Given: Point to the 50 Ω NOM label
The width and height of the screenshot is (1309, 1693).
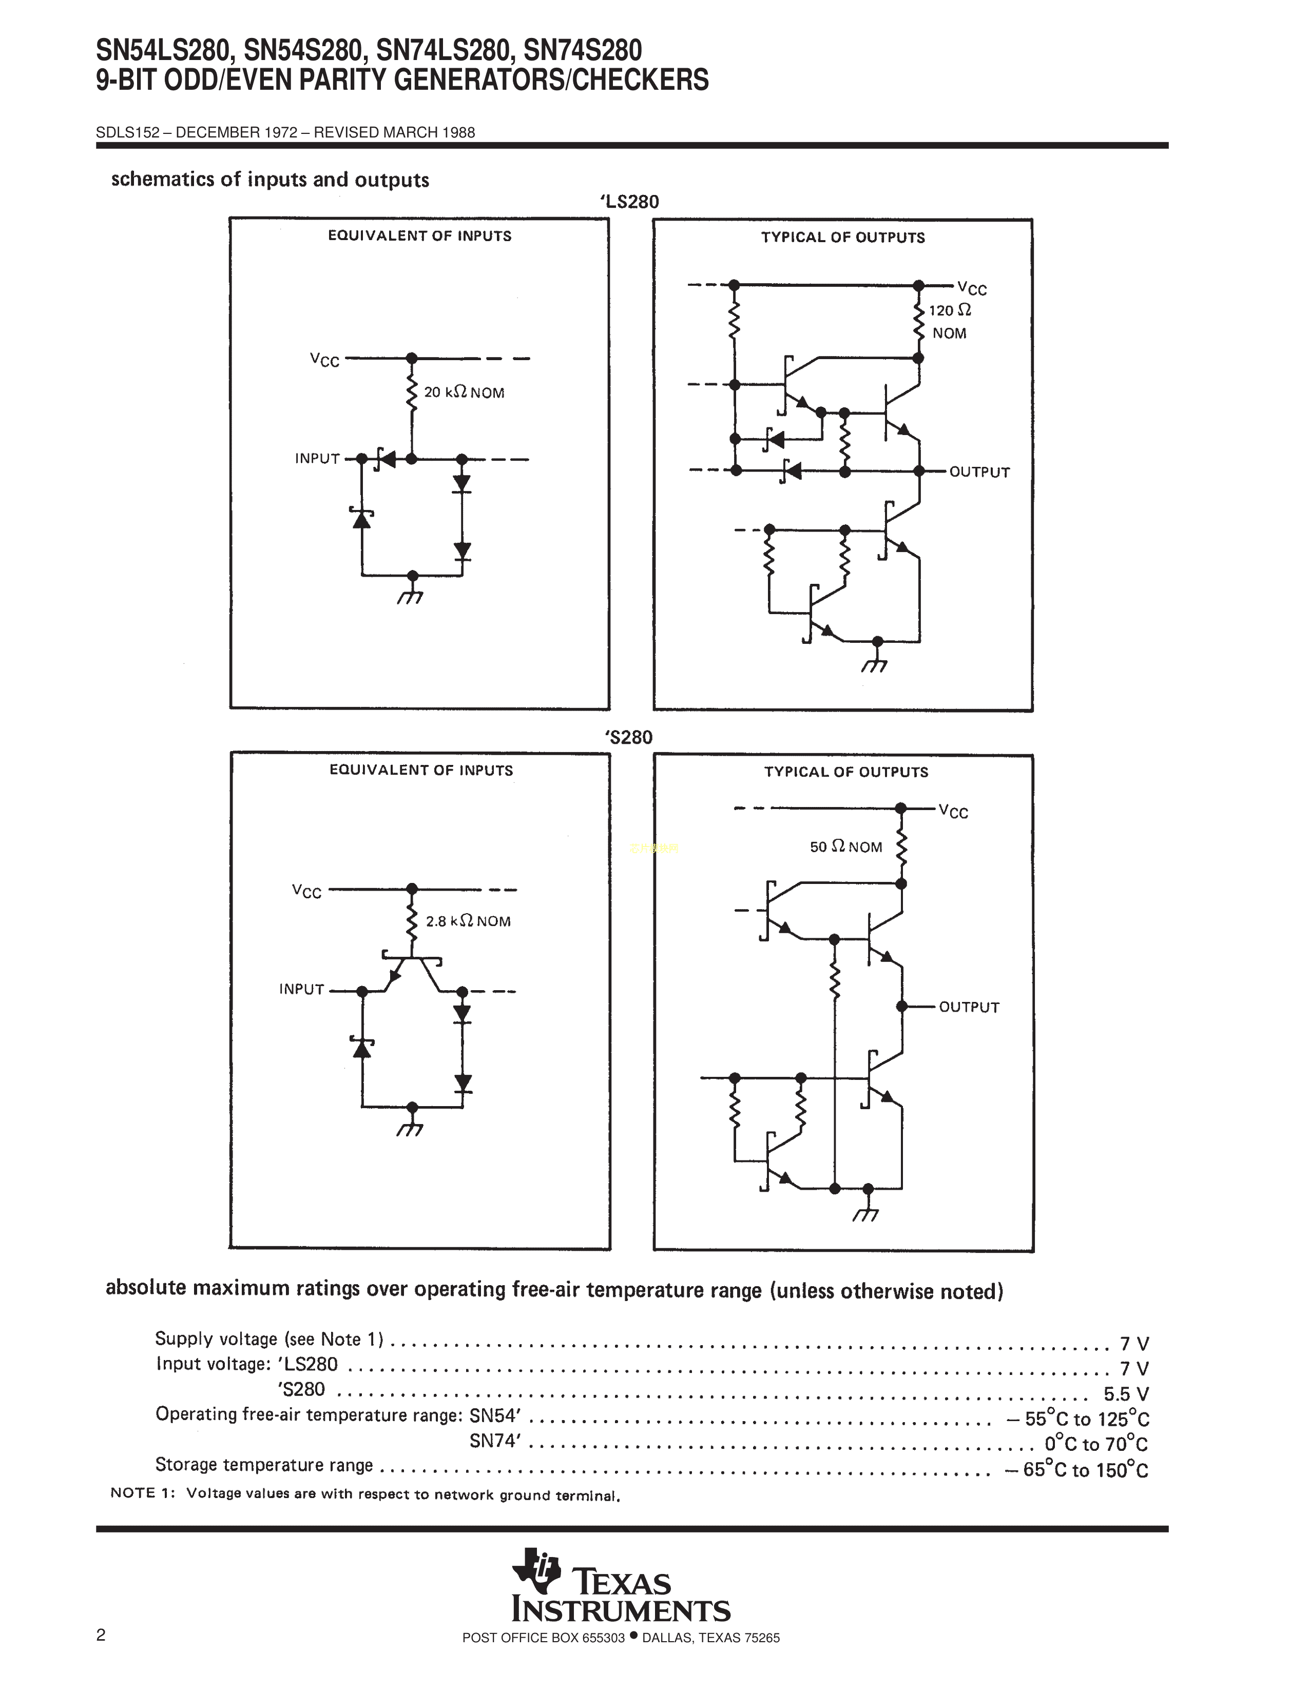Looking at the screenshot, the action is click(x=846, y=848).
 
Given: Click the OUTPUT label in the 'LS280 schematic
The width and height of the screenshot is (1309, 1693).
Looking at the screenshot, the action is click(x=979, y=472).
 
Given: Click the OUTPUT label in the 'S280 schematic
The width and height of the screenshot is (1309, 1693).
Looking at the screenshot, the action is click(x=969, y=1007).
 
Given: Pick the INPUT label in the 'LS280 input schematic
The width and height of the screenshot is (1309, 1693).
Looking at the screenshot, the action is click(x=317, y=459).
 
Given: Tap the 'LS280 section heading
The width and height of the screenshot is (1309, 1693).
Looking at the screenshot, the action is click(x=629, y=202).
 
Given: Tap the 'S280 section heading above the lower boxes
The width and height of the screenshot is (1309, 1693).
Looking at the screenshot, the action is click(x=628, y=737).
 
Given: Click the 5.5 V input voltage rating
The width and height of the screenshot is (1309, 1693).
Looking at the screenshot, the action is click(x=1126, y=1394).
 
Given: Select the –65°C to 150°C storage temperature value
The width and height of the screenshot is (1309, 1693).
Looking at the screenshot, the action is click(x=1076, y=1470).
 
